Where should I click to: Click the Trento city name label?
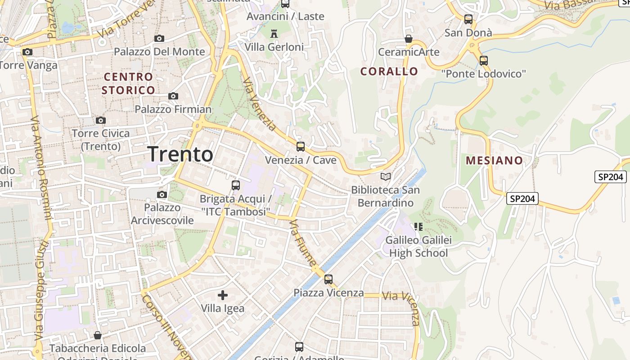(x=180, y=154)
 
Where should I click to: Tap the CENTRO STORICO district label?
(x=129, y=83)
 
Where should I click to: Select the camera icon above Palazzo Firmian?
(x=173, y=96)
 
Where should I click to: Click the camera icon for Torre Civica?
(x=101, y=120)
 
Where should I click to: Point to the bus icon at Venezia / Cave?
(x=300, y=146)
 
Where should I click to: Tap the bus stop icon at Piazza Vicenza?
(x=328, y=279)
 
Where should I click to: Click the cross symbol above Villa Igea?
(x=223, y=295)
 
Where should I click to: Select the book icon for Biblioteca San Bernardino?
(x=386, y=176)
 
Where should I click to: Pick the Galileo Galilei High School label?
(x=418, y=246)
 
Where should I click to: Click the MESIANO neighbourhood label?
(x=495, y=160)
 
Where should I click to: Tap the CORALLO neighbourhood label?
(x=389, y=71)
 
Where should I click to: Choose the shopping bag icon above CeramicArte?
(x=409, y=39)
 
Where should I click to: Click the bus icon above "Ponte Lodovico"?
(x=484, y=60)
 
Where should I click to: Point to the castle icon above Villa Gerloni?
(x=274, y=33)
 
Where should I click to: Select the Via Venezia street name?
(x=260, y=104)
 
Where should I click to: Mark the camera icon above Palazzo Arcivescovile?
(x=162, y=194)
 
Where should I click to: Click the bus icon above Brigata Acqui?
(x=235, y=185)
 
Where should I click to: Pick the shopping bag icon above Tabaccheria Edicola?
(x=98, y=335)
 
